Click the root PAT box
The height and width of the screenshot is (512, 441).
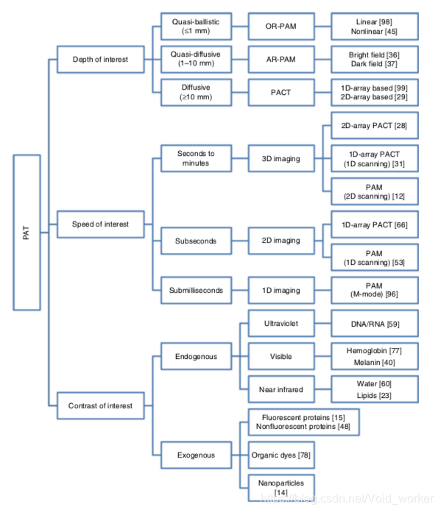click(27, 232)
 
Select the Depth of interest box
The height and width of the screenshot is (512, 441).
click(101, 60)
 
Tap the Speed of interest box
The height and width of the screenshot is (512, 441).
click(101, 224)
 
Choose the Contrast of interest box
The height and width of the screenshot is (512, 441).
click(101, 405)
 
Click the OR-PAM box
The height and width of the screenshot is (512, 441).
click(281, 26)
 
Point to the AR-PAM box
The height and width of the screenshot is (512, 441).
click(281, 60)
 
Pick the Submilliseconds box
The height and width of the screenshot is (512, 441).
click(196, 291)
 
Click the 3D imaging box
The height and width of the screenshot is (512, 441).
click(281, 159)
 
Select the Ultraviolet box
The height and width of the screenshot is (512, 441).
click(281, 323)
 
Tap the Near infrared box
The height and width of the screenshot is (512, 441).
click(281, 389)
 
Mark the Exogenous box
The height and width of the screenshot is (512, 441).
click(196, 455)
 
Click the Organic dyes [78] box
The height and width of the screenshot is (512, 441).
click(281, 455)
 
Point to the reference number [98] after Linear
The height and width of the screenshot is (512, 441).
click(386, 22)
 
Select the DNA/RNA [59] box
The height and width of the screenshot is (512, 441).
click(375, 323)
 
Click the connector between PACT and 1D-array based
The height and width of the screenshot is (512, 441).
click(323, 93)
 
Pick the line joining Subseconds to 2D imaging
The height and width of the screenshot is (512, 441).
click(240, 241)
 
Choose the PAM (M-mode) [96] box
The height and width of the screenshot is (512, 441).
click(375, 291)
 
